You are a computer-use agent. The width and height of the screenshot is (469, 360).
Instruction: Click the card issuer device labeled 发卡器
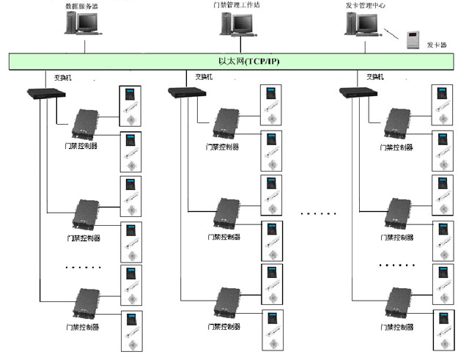point(413,39)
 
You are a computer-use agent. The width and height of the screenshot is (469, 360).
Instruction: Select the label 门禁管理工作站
point(235,5)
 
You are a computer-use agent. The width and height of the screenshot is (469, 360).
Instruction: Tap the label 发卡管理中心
point(366,5)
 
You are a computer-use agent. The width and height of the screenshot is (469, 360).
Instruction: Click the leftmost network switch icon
point(45,93)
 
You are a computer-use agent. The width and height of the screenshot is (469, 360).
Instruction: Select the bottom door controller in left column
point(87,304)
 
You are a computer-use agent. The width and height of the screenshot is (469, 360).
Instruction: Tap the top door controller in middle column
point(228,124)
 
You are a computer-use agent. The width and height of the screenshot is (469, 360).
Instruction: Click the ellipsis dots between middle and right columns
point(318,213)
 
